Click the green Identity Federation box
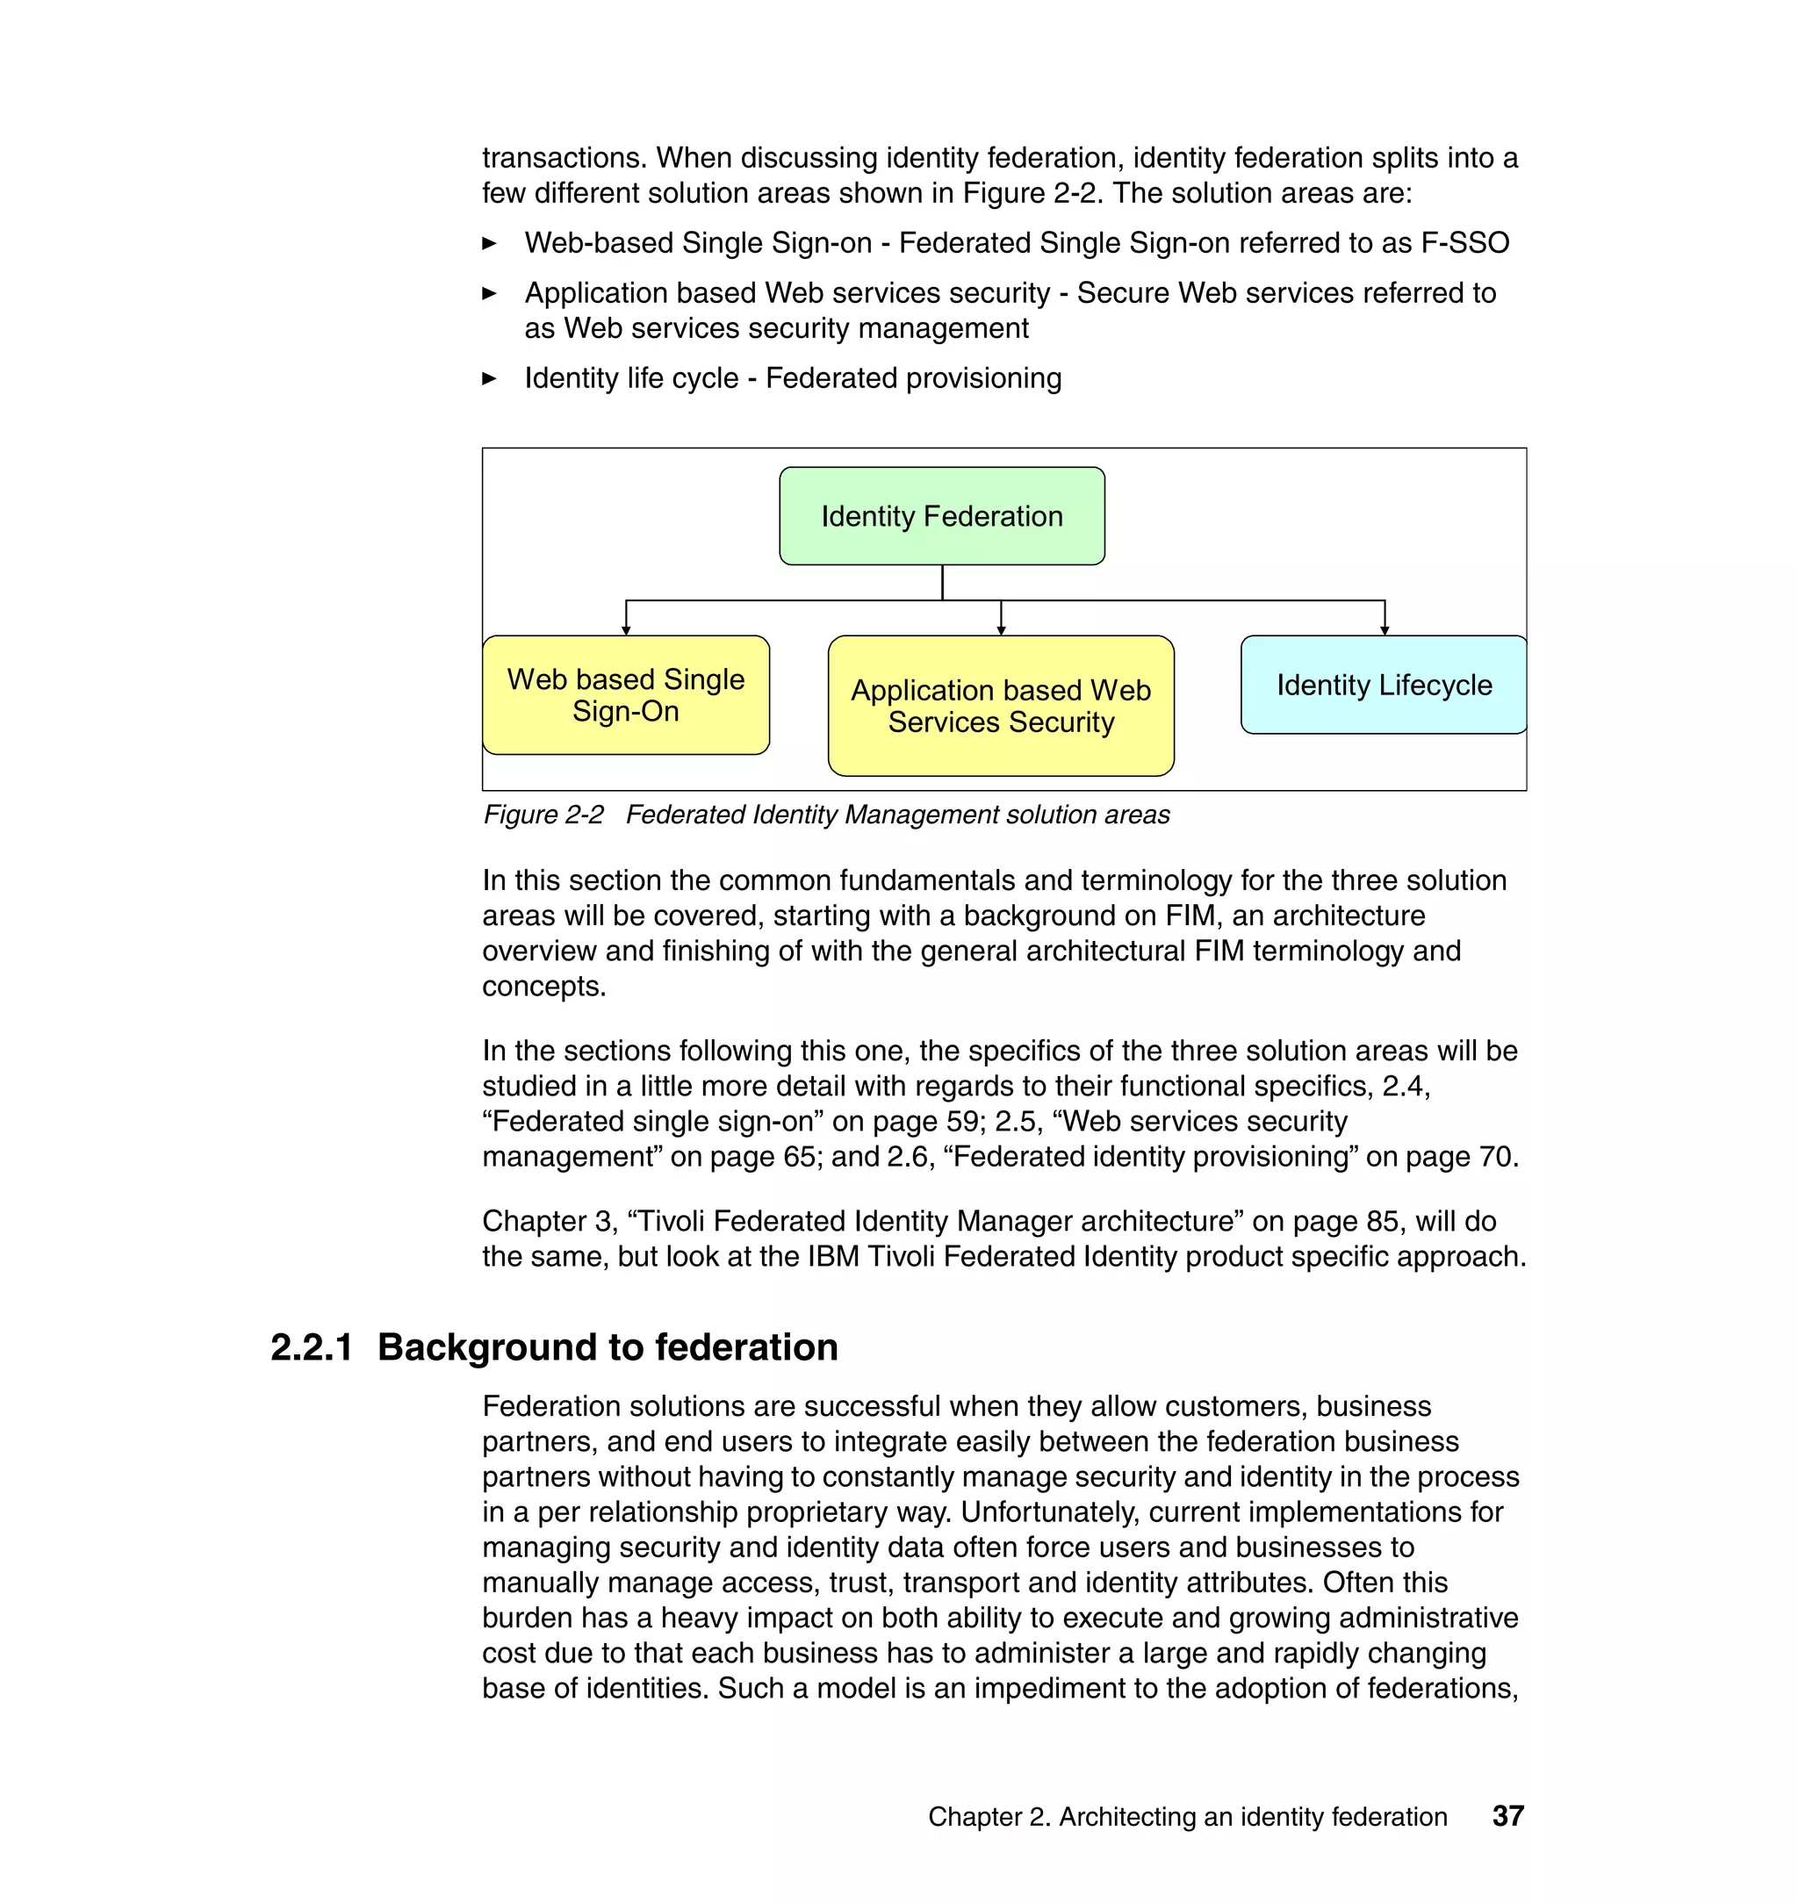coord(941,515)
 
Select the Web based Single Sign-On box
coord(626,694)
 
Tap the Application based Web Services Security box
coord(1001,705)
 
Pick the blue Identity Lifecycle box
coord(1383,684)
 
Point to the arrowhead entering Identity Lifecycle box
coord(1384,628)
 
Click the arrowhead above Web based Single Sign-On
coord(626,628)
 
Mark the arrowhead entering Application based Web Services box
coord(1001,628)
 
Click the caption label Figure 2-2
coord(543,815)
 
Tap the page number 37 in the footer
coord(1507,1816)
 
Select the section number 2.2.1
coord(312,1347)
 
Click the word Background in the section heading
coord(487,1347)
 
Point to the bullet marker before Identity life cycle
coord(490,378)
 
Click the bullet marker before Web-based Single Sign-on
coord(490,243)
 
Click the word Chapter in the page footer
coord(974,1817)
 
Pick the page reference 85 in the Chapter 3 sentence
coord(1383,1221)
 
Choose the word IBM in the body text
coord(833,1256)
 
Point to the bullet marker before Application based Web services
coord(490,293)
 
